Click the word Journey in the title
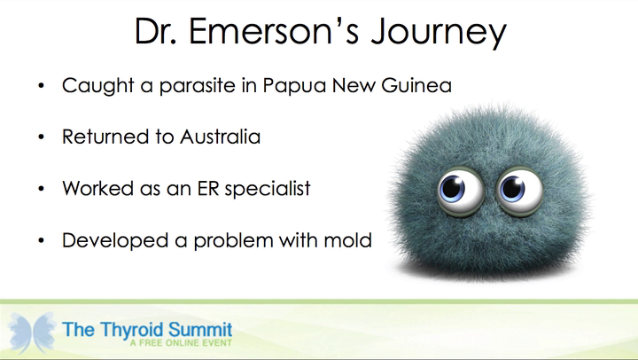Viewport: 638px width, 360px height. pyautogui.click(x=439, y=32)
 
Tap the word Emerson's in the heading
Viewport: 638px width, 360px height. pyautogui.click(x=274, y=30)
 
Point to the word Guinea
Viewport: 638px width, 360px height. pyautogui.click(x=416, y=85)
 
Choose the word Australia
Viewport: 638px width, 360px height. pyautogui.click(x=220, y=137)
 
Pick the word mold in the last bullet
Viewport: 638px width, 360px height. pyautogui.click(x=348, y=239)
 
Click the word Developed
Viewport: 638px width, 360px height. pyautogui.click(x=115, y=240)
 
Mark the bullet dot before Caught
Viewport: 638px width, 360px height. pyautogui.click(x=41, y=85)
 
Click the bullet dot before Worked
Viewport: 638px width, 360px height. pyautogui.click(x=41, y=189)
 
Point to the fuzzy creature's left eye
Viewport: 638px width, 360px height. pyautogui.click(x=461, y=191)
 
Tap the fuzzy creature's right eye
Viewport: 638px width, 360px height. pyautogui.click(x=518, y=191)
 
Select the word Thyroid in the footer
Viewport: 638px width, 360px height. pyautogui.click(x=132, y=330)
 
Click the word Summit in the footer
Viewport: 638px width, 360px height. pyautogui.click(x=200, y=329)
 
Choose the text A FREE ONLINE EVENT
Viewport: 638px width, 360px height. pyautogui.click(x=181, y=343)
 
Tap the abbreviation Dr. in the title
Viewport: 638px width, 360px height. pyautogui.click(x=155, y=31)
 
